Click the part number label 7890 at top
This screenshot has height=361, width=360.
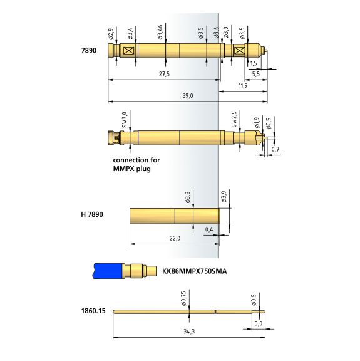click(x=89, y=50)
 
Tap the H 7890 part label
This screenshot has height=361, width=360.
click(x=92, y=214)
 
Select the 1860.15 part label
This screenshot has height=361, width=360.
click(x=93, y=311)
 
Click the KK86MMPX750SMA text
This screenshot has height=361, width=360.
click(x=195, y=271)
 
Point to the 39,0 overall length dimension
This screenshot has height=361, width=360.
click(x=188, y=95)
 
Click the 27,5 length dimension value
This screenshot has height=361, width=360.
click(x=165, y=74)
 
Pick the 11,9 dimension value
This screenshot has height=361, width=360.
click(x=243, y=85)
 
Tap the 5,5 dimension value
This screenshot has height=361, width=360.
click(x=256, y=74)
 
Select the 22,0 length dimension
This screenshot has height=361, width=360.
click(x=175, y=238)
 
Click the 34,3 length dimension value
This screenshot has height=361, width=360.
click(x=189, y=332)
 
